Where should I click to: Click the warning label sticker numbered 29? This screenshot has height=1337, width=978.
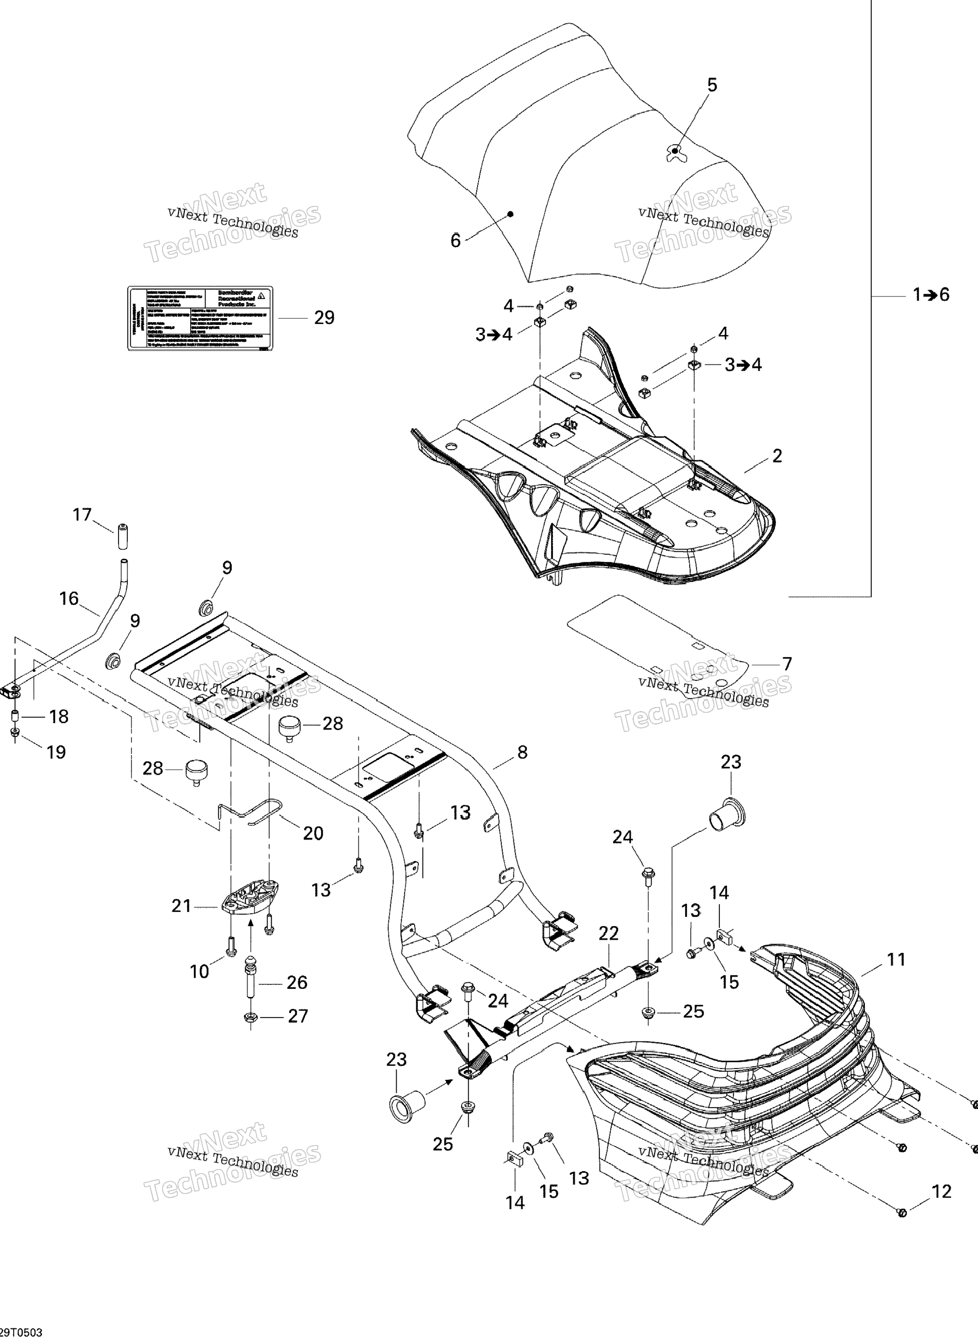coord(200,319)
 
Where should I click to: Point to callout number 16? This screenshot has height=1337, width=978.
coord(69,598)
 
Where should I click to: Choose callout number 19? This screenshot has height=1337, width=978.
coord(56,752)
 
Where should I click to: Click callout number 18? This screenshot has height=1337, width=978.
coord(58,717)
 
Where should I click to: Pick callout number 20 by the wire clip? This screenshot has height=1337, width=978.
coord(313,833)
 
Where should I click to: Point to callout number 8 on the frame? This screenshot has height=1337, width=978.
coord(522,752)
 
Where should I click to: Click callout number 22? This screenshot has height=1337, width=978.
coord(608,933)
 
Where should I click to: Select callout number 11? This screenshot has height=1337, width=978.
coord(896,960)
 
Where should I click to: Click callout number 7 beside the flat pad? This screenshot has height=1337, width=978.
coord(787,664)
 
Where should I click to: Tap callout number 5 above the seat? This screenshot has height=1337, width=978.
coord(712,85)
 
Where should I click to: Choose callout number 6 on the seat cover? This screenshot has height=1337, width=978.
coord(455,240)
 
